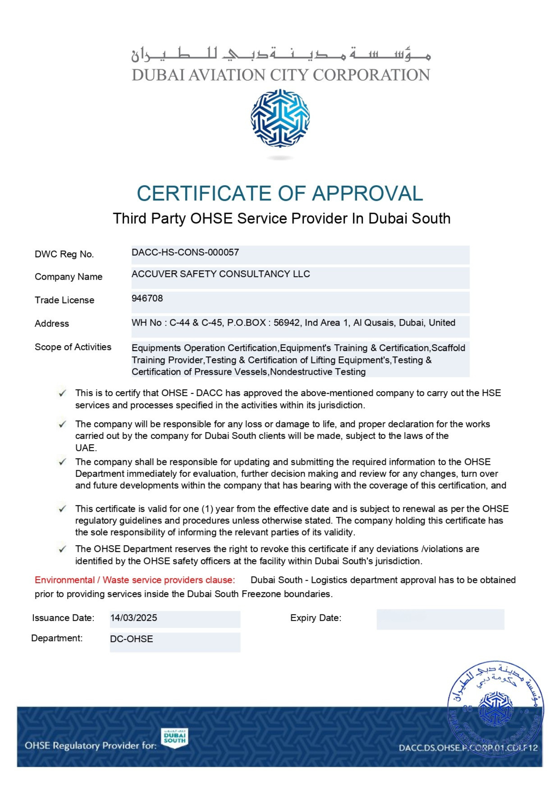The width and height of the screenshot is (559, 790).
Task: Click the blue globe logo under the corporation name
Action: pyautogui.click(x=280, y=118)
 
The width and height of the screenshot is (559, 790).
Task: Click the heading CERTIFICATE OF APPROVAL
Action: pyautogui.click(x=280, y=193)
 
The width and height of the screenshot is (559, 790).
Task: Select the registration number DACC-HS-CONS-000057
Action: pyautogui.click(x=185, y=253)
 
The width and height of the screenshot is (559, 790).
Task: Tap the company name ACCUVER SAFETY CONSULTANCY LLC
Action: pyautogui.click(x=220, y=274)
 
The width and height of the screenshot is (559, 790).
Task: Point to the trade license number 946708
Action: pyautogui.click(x=147, y=299)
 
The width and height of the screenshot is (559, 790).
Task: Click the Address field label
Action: pyautogui.click(x=52, y=324)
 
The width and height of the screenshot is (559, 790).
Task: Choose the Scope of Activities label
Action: pyautogui.click(x=73, y=347)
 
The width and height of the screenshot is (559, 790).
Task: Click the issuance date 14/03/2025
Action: pyautogui.click(x=134, y=618)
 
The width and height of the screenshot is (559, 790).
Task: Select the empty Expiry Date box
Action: pyautogui.click(x=440, y=620)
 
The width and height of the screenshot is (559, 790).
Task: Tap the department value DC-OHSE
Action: pyautogui.click(x=132, y=639)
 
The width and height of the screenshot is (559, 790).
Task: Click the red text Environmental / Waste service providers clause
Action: pyautogui.click(x=135, y=580)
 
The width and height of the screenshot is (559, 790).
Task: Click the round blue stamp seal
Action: pyautogui.click(x=495, y=709)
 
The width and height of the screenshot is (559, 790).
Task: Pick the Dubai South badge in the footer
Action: pyautogui.click(x=174, y=738)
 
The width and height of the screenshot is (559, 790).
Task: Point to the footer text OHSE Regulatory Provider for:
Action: pyautogui.click(x=91, y=746)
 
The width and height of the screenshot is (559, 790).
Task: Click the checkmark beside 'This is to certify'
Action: pyautogui.click(x=62, y=393)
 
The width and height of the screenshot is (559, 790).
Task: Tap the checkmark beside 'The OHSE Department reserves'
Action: pyautogui.click(x=62, y=549)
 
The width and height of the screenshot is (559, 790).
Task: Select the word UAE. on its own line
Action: pyautogui.click(x=86, y=448)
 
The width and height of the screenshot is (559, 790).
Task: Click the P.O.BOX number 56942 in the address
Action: pyautogui.click(x=286, y=323)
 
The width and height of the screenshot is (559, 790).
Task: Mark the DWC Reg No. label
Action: pyautogui.click(x=64, y=254)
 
